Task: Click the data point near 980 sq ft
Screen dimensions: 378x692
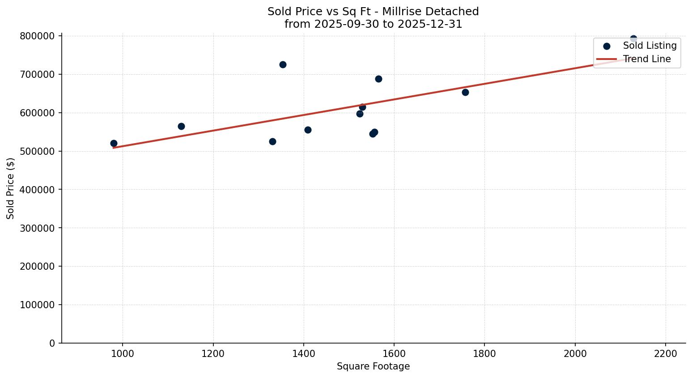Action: (114, 144)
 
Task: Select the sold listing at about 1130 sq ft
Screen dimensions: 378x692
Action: (181, 127)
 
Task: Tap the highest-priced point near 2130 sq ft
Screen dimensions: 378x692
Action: (633, 39)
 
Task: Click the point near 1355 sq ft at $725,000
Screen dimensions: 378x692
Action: (283, 65)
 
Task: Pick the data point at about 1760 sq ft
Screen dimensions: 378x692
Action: (465, 93)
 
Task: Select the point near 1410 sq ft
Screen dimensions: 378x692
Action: (308, 130)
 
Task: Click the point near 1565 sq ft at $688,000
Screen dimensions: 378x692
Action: (378, 79)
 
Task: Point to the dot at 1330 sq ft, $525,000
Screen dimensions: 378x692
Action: (272, 142)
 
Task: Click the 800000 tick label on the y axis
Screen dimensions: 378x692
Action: (37, 36)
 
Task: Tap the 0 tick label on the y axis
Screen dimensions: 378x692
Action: (52, 343)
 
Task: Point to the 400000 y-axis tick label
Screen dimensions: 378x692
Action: (37, 190)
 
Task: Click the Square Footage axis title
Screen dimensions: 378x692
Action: (373, 367)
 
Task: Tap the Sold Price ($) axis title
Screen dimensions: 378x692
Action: (11, 188)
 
